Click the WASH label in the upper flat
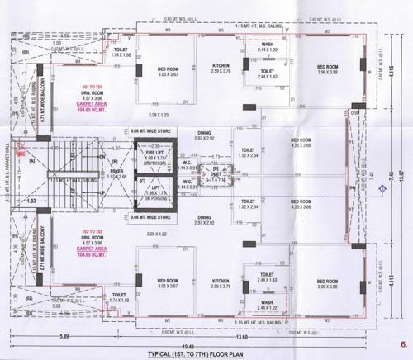click(x=267, y=45)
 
